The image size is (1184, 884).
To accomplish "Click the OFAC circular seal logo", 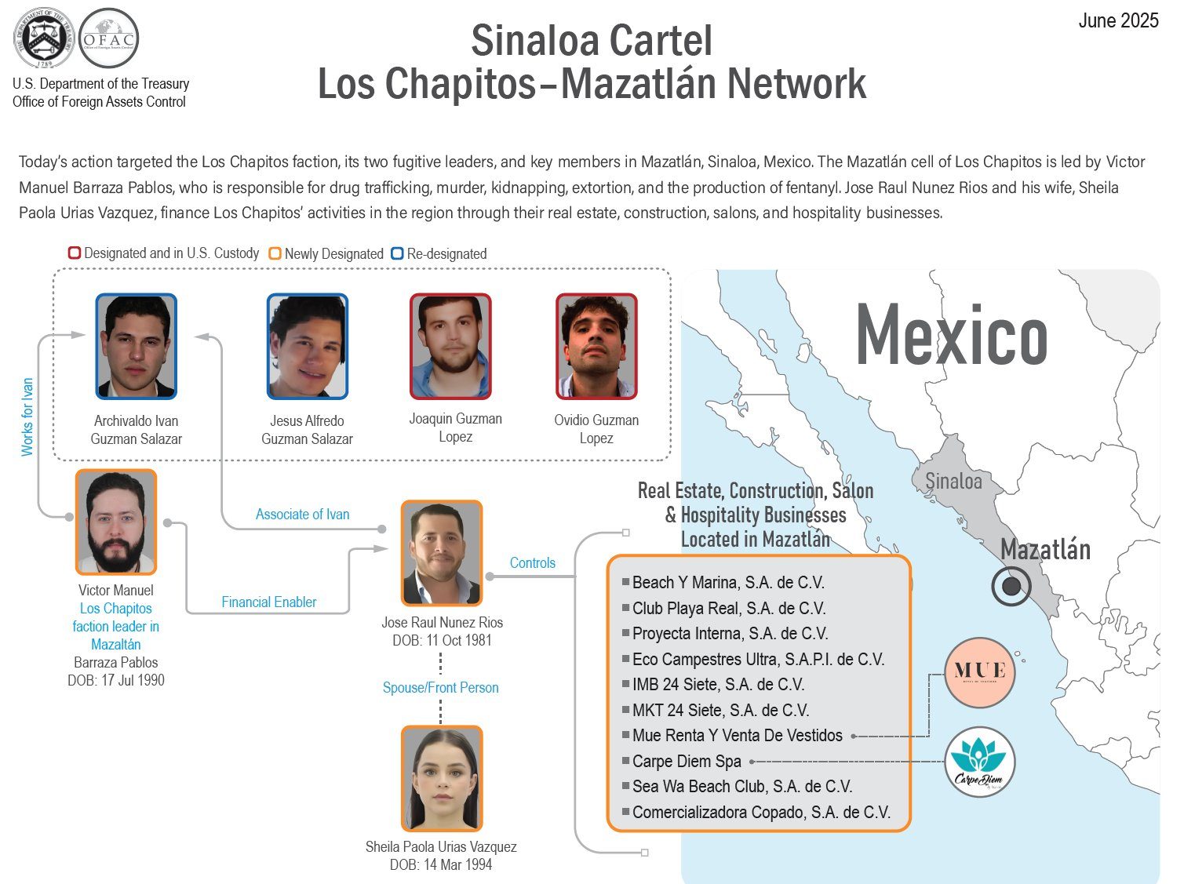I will coord(109,38).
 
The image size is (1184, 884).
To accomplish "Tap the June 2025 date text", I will coord(1117,21).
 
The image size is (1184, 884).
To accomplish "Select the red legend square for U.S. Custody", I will coord(75,253).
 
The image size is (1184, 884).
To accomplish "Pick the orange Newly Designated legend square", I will coord(275,253).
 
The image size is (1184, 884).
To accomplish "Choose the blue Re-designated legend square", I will coord(397,253).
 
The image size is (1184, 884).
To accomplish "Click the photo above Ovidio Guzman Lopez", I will coord(596,347).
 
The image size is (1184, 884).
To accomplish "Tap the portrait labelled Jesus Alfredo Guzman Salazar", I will coord(307,347).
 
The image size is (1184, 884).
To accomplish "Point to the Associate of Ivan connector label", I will coord(302,515).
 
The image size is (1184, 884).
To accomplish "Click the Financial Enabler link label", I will coord(268,602).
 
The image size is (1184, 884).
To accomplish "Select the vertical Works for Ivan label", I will coord(27,417).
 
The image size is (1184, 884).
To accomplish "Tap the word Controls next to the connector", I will coord(532,563).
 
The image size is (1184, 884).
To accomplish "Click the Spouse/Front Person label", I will coord(440,688).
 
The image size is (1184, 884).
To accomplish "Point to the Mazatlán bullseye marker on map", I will coord(1011,586).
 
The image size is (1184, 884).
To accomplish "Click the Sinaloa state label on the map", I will coord(953,481).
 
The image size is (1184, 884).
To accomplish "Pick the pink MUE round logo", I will coord(980,672).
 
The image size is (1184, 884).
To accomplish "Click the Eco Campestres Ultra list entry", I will coord(757,660).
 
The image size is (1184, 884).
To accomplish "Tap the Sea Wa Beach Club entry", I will coord(741,787).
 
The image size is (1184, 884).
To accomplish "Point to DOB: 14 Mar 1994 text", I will coord(440,865).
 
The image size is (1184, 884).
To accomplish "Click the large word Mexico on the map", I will coord(951,336).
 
